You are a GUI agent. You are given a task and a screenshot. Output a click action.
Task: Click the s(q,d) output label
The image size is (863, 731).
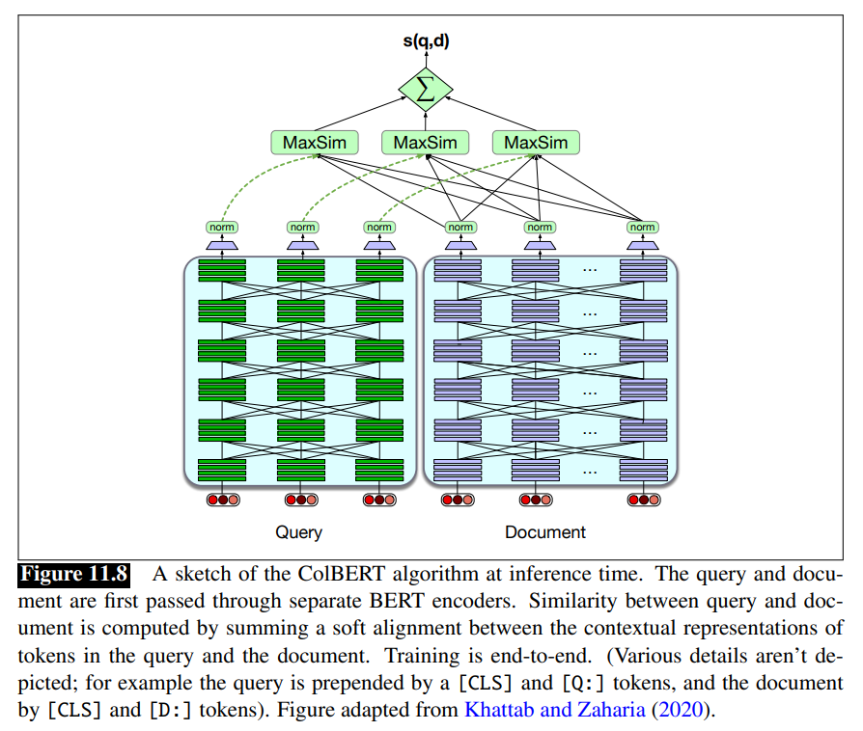[x=426, y=41]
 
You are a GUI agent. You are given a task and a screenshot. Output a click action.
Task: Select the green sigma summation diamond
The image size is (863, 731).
[x=426, y=93]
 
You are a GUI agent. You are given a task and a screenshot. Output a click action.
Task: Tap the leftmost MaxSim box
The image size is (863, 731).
[x=314, y=143]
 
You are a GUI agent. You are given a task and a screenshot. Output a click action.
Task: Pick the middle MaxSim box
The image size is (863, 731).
[x=425, y=143]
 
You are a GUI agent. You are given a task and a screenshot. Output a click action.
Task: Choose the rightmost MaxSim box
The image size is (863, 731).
[x=536, y=143]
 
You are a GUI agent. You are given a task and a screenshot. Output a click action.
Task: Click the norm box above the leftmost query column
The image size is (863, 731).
[x=222, y=228]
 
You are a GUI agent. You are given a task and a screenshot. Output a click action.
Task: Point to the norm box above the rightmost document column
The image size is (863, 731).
[x=642, y=228]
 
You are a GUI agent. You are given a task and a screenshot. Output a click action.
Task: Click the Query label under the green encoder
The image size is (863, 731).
[x=299, y=532]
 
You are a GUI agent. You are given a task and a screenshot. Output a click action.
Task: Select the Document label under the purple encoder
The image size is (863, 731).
[x=545, y=532]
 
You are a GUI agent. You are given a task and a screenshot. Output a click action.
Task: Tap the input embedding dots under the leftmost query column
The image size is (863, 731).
[x=222, y=500]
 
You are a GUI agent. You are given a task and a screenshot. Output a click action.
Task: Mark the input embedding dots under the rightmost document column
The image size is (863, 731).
[x=643, y=500]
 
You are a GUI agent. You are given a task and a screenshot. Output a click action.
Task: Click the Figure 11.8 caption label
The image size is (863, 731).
[x=74, y=575]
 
